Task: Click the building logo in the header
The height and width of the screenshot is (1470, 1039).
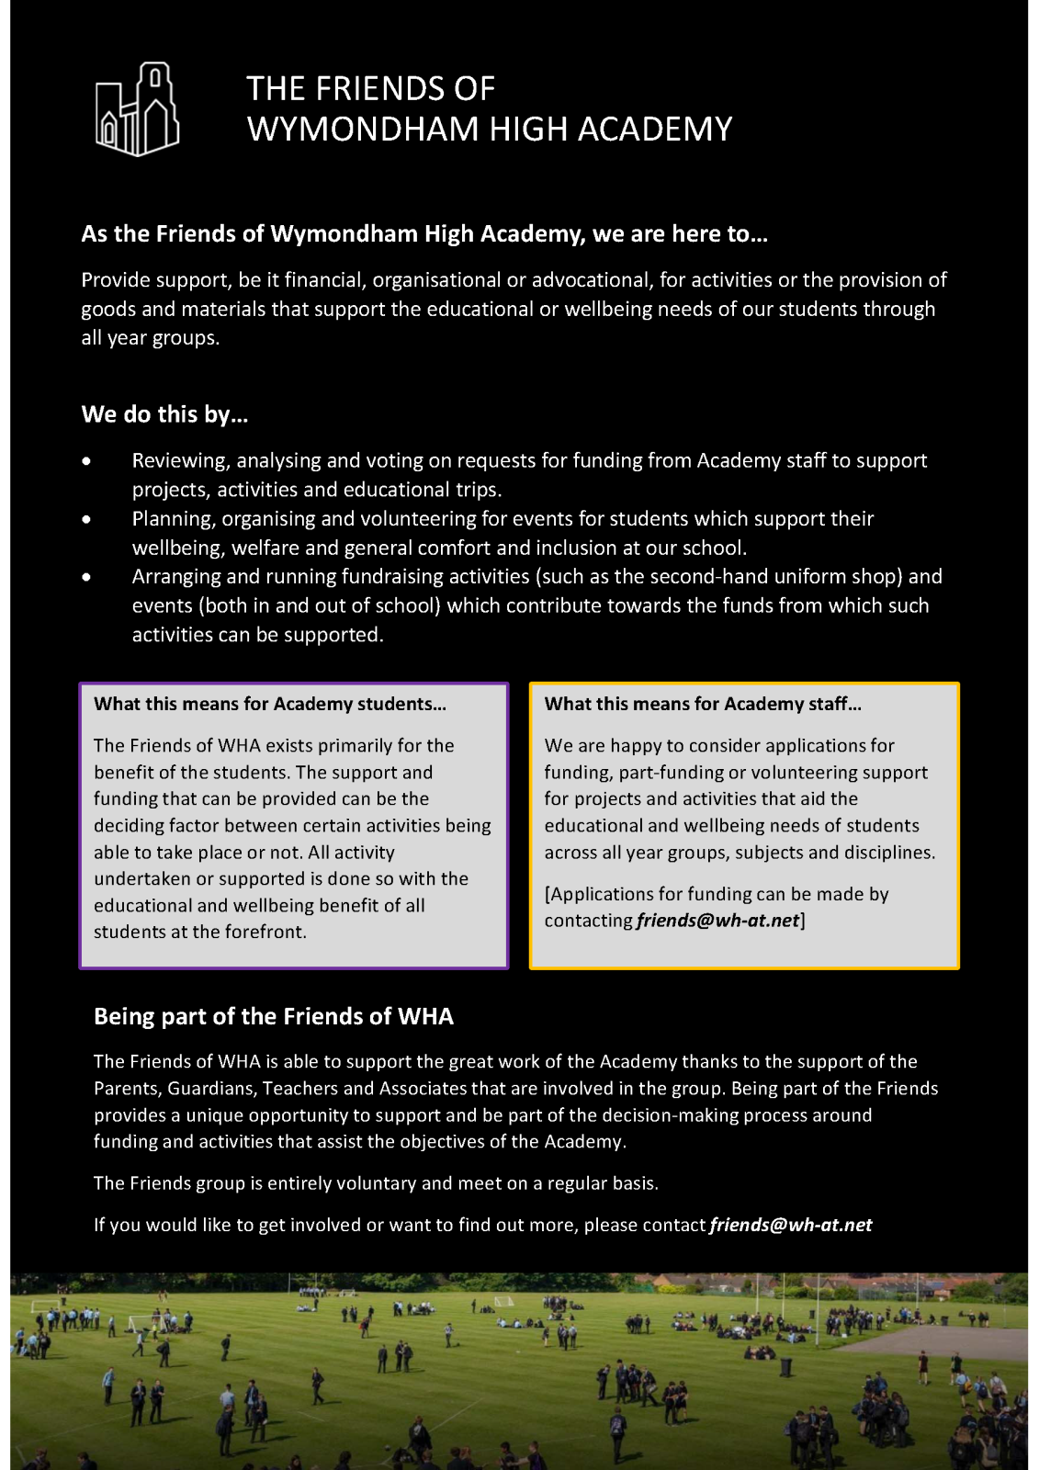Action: tap(138, 109)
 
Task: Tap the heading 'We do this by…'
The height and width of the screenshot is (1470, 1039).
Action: tap(165, 414)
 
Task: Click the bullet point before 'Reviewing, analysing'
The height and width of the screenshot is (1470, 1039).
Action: tap(86, 461)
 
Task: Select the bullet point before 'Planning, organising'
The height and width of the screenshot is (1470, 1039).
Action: tap(86, 519)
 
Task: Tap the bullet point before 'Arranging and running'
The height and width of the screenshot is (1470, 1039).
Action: tap(86, 577)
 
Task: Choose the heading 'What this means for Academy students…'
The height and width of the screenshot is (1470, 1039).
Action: tap(270, 705)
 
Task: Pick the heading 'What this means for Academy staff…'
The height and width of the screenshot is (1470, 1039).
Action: tap(703, 705)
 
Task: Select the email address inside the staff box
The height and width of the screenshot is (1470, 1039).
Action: tap(717, 921)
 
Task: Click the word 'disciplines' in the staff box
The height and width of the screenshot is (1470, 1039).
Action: tap(887, 853)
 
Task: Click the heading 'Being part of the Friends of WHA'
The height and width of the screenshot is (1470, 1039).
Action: tap(274, 1017)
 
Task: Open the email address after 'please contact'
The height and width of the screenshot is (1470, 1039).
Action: tap(791, 1226)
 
